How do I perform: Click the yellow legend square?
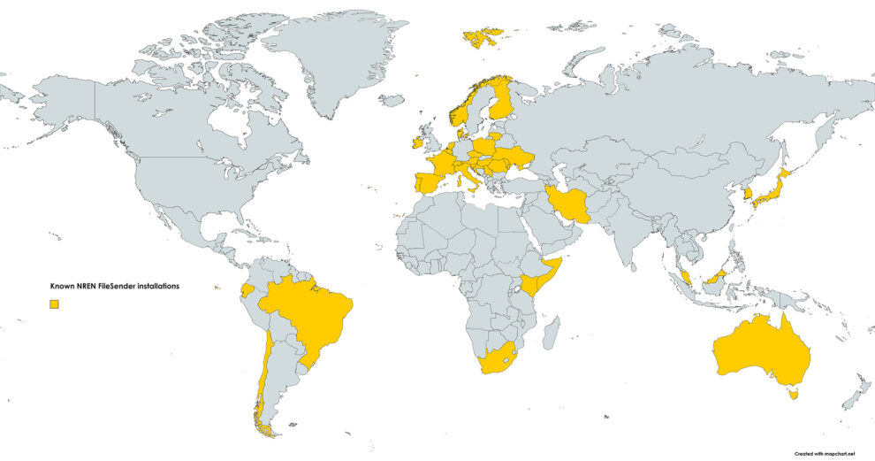[x=54, y=304]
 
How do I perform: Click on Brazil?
[x=309, y=314]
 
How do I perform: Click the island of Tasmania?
[x=793, y=394]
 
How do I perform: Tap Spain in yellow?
[x=428, y=184]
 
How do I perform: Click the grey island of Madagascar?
[x=552, y=333]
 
